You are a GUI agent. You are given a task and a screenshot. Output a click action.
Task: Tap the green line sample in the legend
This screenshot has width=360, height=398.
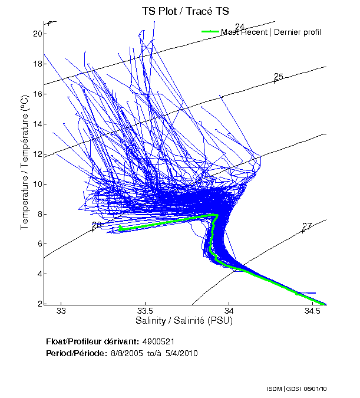(210, 32)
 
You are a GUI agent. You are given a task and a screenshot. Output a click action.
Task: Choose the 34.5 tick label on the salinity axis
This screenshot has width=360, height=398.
(313, 311)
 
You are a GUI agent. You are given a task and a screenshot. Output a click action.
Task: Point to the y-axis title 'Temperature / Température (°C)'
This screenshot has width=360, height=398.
(25, 163)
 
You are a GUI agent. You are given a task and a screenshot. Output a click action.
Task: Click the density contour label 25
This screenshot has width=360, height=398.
(279, 77)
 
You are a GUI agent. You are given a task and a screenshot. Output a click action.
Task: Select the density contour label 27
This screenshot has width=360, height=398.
(306, 226)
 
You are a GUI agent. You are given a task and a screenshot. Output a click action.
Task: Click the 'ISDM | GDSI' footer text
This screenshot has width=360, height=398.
(282, 390)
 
